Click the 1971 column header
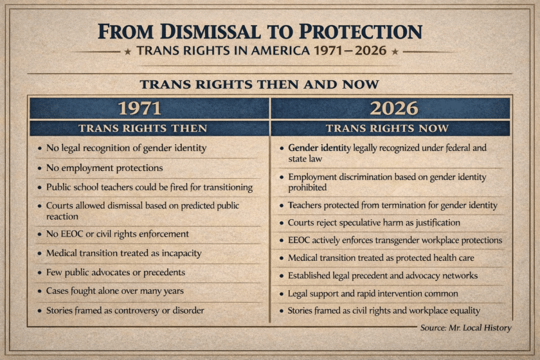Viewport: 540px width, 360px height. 148,108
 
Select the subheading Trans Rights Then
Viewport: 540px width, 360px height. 148,128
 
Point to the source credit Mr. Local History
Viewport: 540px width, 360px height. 466,328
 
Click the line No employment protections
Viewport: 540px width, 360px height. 104,168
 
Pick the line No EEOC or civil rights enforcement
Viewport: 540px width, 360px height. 117,234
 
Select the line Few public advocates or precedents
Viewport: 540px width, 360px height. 116,272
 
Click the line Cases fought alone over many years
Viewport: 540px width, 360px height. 114,291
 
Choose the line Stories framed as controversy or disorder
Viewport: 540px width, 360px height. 125,310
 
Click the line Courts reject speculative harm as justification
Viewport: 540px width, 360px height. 373,222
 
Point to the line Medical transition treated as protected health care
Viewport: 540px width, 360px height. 386,258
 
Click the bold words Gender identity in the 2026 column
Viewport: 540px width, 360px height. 319,148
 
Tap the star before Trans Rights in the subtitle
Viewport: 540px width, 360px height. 127,51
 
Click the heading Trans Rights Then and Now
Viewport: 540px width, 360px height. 260,84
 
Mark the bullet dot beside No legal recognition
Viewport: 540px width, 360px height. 39,148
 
